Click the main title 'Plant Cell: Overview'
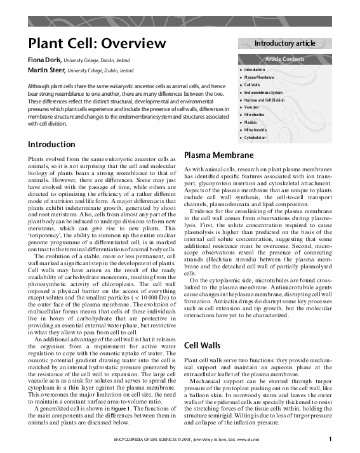pos(97,43)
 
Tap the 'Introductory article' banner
pos(284,43)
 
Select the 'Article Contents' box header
pos(284,59)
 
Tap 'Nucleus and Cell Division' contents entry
pos(266,100)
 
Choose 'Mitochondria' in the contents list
pos(257,129)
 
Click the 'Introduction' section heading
pos(56,144)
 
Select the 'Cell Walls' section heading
pos(203,346)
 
